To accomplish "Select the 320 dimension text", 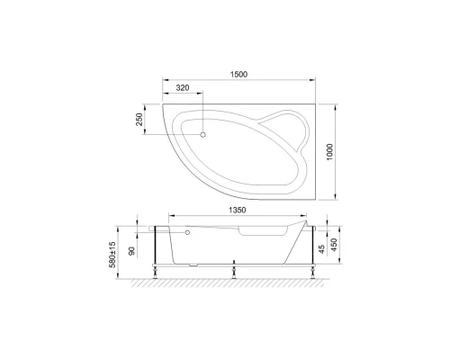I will [x=182, y=88].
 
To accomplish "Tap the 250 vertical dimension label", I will [x=140, y=120].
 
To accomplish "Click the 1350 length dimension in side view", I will [x=237, y=210].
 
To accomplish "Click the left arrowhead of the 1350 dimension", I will [x=170, y=215].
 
